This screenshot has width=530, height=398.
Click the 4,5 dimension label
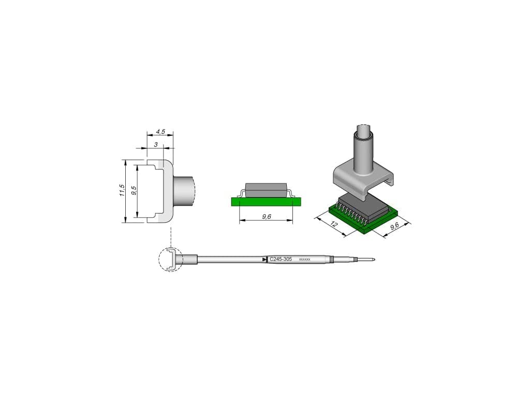pyautogui.click(x=160, y=132)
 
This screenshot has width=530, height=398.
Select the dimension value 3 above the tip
pyautogui.click(x=155, y=145)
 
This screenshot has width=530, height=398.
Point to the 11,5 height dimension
pyautogui.click(x=122, y=190)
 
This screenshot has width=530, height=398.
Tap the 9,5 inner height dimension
pyautogui.click(x=134, y=190)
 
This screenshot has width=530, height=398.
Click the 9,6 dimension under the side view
pyautogui.click(x=267, y=217)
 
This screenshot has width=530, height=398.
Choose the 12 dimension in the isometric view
pyautogui.click(x=334, y=224)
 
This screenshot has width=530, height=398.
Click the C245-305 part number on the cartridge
pyautogui.click(x=281, y=259)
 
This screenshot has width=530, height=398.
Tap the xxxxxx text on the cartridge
pyautogui.click(x=305, y=259)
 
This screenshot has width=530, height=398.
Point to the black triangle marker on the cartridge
pyautogui.click(x=264, y=259)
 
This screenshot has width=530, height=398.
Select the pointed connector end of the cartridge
pyautogui.click(x=370, y=259)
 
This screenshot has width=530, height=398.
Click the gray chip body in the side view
pyautogui.click(x=266, y=189)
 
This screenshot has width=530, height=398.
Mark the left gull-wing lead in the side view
pyautogui.click(x=240, y=193)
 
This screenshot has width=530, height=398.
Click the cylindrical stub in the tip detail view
pyautogui.click(x=184, y=190)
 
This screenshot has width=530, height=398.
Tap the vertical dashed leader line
pyautogui.click(x=170, y=236)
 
